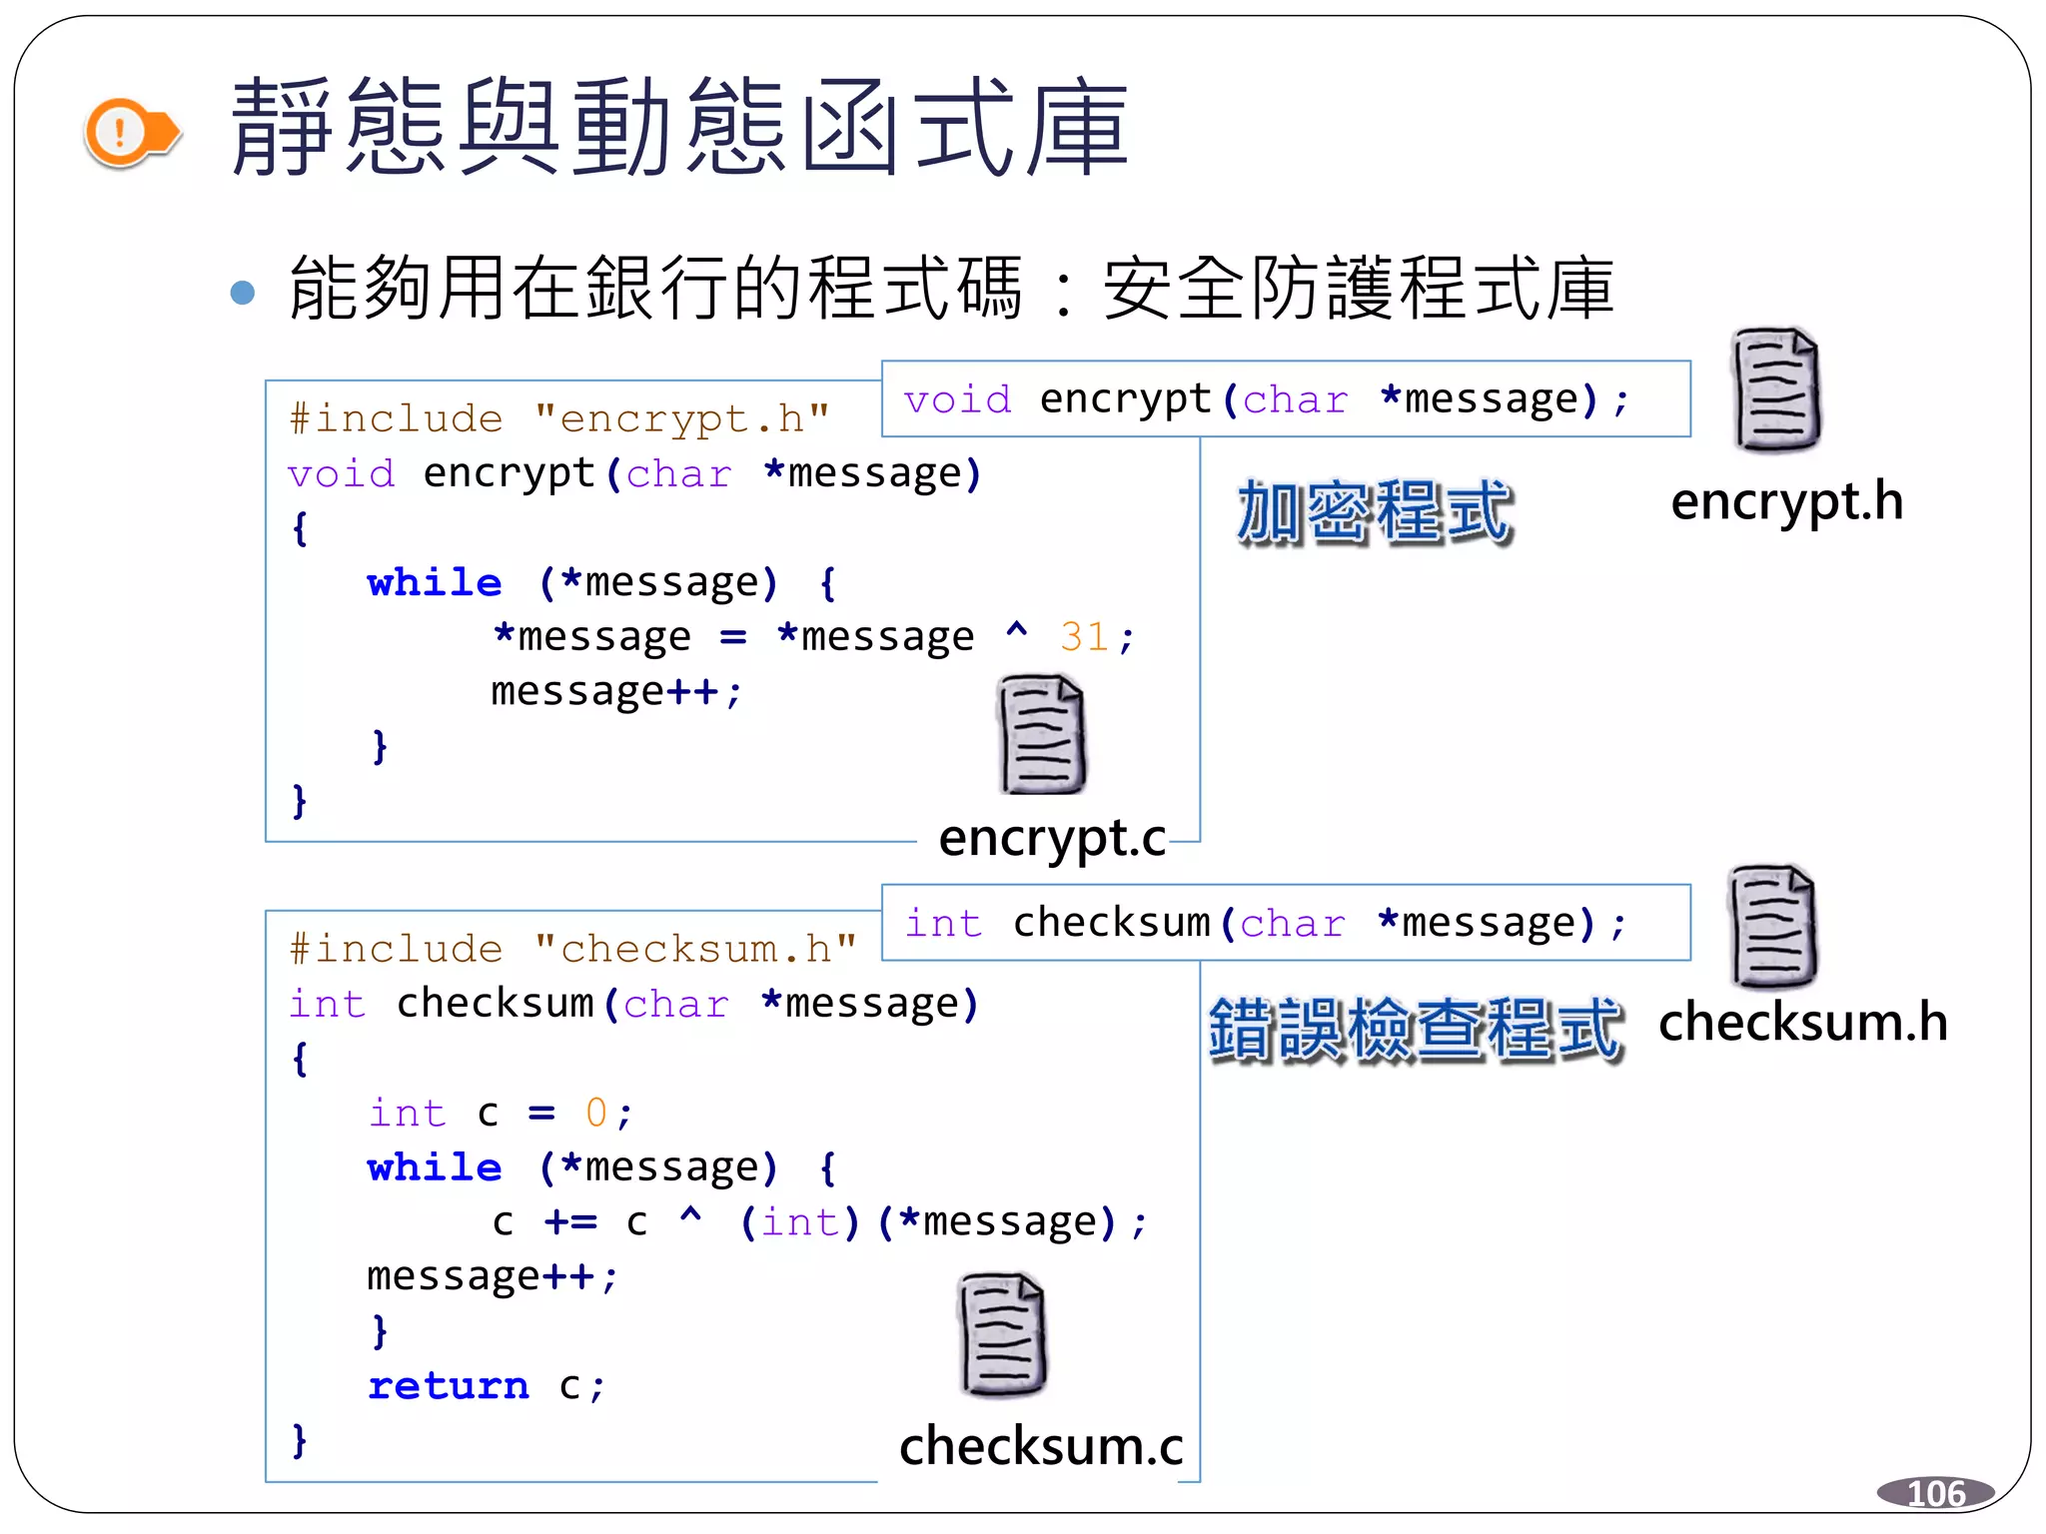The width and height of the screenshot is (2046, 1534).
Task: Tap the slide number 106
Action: pyautogui.click(x=1935, y=1493)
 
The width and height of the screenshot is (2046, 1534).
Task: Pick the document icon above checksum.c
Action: pyautogui.click(x=1002, y=1334)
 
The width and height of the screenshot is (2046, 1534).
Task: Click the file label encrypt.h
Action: pyautogui.click(x=1786, y=502)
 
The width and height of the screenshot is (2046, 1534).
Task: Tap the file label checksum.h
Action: pyautogui.click(x=1802, y=1023)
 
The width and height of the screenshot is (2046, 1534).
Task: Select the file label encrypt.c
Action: pyautogui.click(x=1052, y=838)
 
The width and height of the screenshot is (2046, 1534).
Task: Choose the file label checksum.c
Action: pyautogui.click(x=1041, y=1446)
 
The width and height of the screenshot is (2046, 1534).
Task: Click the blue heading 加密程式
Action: pyautogui.click(x=1375, y=512)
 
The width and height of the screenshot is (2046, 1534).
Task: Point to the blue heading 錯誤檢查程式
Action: pyautogui.click(x=1415, y=1029)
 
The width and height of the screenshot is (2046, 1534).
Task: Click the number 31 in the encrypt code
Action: pyautogui.click(x=1084, y=637)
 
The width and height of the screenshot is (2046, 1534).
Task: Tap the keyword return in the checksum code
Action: pyautogui.click(x=449, y=1386)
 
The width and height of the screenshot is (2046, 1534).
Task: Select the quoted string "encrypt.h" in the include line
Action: pyautogui.click(x=682, y=419)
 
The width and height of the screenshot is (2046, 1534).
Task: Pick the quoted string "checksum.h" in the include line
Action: pyautogui.click(x=695, y=950)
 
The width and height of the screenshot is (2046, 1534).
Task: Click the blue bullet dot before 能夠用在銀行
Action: pyautogui.click(x=242, y=293)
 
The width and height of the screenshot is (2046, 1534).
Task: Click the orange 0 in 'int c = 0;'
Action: pyautogui.click(x=596, y=1113)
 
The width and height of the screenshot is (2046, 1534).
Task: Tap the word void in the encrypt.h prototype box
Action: pyautogui.click(x=957, y=400)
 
